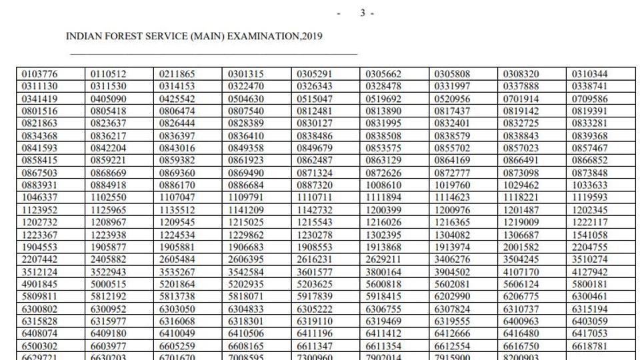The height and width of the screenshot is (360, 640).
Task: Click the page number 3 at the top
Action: [363, 13]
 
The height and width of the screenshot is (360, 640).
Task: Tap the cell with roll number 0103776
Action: [39, 74]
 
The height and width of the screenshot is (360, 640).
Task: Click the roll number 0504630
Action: [245, 99]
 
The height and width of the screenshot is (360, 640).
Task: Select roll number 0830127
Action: [314, 123]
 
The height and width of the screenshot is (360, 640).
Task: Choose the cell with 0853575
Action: [383, 148]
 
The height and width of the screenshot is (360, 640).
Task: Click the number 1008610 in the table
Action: [383, 185]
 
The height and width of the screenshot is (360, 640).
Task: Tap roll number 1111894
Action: [383, 197]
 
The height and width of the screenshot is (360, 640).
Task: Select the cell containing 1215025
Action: [245, 223]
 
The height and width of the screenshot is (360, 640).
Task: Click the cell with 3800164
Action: [383, 272]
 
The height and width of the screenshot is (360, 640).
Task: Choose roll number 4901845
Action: [39, 285]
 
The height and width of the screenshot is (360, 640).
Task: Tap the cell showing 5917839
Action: [314, 297]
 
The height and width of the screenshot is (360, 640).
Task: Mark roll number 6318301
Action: [245, 321]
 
